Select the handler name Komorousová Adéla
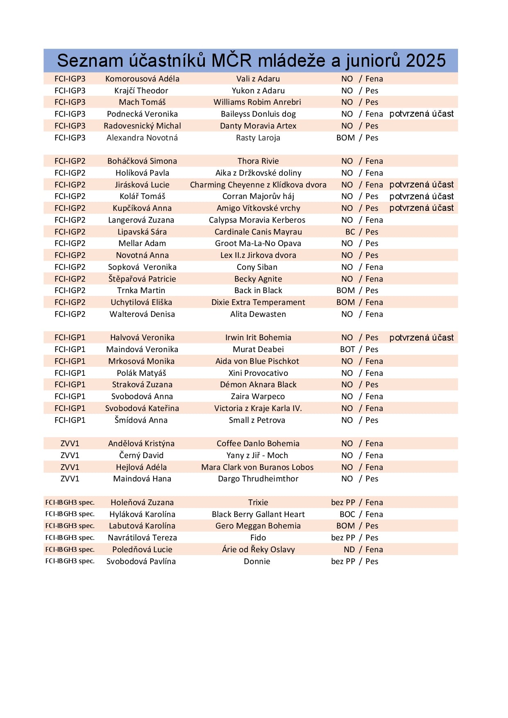point(142,79)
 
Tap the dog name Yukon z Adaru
point(258,90)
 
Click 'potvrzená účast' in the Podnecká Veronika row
point(421,114)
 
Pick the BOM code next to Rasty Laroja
point(345,138)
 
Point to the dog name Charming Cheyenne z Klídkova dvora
point(258,185)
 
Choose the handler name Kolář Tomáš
point(142,196)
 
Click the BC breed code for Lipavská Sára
point(350,232)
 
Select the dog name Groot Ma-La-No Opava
point(258,243)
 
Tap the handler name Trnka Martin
point(141,290)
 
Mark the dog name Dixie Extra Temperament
point(258,302)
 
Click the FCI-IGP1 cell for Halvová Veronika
point(70,337)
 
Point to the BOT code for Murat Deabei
point(347,349)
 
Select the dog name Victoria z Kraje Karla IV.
point(258,408)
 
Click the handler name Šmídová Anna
point(141,420)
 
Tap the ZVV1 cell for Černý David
point(70,455)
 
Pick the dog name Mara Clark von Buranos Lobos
point(257,467)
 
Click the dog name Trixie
point(258,502)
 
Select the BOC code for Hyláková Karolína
point(347,514)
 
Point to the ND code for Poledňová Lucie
point(349,549)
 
